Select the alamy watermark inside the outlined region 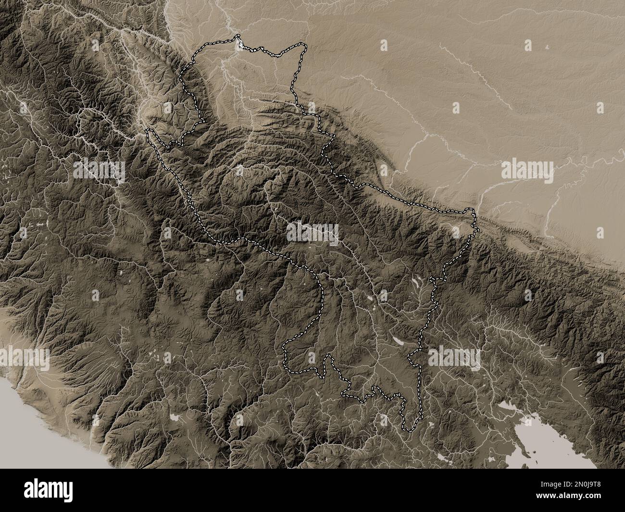tap(312, 232)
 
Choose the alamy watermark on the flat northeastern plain tap(527, 170)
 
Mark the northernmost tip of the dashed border tap(237, 36)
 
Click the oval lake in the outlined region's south tap(399, 340)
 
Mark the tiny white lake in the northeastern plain tap(548, 47)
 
